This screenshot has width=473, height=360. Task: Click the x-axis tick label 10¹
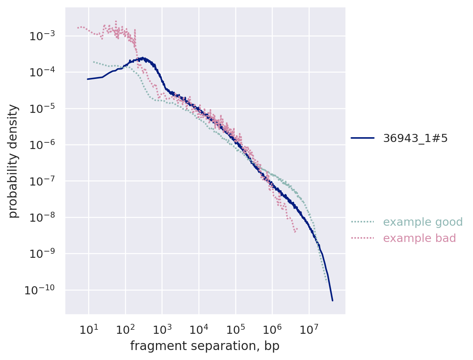[89, 329]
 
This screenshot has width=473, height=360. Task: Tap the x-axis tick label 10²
[125, 329]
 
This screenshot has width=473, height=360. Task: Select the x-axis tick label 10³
[162, 329]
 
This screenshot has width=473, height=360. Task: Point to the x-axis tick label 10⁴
[199, 329]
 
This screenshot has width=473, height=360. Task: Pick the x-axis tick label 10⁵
[236, 329]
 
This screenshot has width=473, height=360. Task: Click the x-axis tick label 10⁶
[272, 329]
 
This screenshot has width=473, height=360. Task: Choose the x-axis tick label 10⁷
[309, 329]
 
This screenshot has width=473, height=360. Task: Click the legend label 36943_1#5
[415, 138]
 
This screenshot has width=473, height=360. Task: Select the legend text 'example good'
[423, 222]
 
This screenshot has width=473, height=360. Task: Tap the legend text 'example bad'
[420, 238]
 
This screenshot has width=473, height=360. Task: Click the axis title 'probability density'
[13, 161]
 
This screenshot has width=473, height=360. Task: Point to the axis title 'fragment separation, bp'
[205, 346]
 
